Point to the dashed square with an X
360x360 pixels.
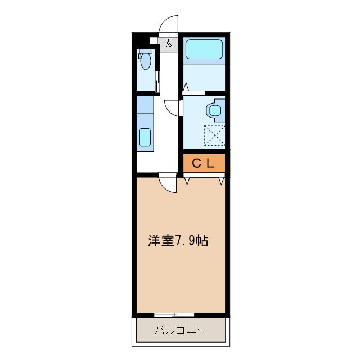pyautogui.click(x=214, y=136)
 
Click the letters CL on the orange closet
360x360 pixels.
pyautogui.click(x=204, y=164)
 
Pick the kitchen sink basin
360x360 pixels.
pyautogui.click(x=145, y=137)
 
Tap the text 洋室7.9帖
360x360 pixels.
pyautogui.click(x=178, y=241)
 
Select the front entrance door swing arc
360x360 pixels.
pyautogui.click(x=168, y=25)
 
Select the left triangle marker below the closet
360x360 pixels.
pyautogui.click(x=187, y=181)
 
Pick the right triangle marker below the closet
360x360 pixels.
pyautogui.click(x=222, y=181)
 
